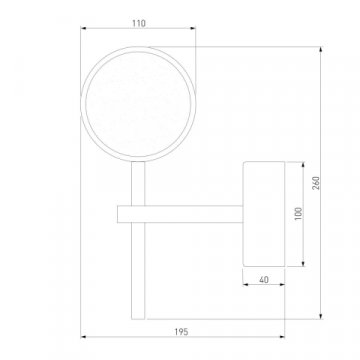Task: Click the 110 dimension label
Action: click(x=139, y=23)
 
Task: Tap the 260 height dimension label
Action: click(x=316, y=183)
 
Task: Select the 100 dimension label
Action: click(x=298, y=213)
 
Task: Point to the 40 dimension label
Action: click(x=264, y=280)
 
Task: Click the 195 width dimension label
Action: click(x=181, y=332)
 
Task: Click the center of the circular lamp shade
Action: click(x=138, y=104)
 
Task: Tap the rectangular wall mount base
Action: click(x=264, y=214)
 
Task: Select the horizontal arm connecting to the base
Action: click(x=180, y=214)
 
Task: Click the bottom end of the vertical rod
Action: click(x=138, y=319)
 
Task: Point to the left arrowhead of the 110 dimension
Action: click(x=83, y=28)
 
